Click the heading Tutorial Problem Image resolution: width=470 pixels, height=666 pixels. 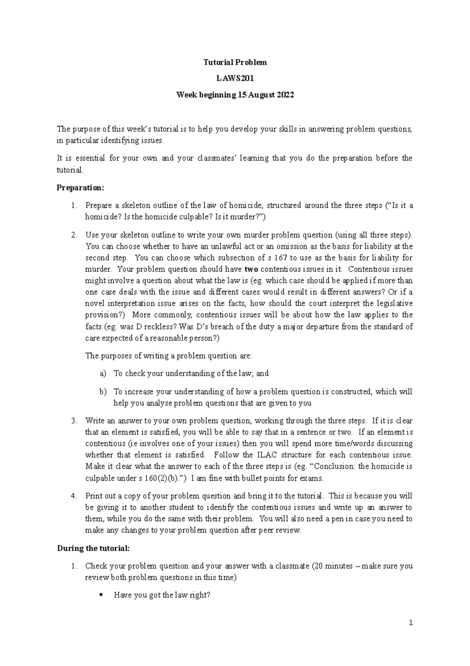click(x=235, y=62)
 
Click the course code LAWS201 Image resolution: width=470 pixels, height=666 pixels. click(x=235, y=78)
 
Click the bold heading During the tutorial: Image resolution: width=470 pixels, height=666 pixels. click(x=93, y=548)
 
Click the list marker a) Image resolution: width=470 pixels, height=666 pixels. click(x=103, y=373)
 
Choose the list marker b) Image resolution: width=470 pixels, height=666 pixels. click(x=103, y=391)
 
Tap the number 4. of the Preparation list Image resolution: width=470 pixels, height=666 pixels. click(x=74, y=496)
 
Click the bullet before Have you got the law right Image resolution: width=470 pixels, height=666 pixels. click(x=101, y=595)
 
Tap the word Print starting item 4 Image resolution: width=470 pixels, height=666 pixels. click(x=93, y=496)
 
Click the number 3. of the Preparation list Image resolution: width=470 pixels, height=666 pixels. click(x=74, y=421)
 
